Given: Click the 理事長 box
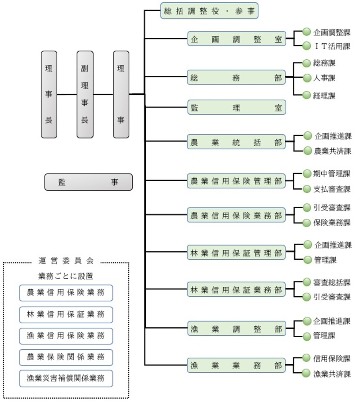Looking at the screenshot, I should click(x=49, y=94).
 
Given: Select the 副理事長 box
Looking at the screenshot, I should click(x=85, y=94).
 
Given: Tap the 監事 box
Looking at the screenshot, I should click(x=88, y=182).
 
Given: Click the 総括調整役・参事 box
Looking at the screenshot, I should click(x=209, y=11).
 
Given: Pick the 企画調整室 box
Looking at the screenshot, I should click(x=236, y=39).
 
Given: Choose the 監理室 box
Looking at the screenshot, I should click(x=236, y=107).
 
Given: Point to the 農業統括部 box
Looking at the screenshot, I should click(x=236, y=143).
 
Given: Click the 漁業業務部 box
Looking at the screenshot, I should click(x=236, y=365).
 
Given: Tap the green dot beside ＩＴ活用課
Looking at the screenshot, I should click(x=306, y=45).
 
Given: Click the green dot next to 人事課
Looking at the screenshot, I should click(x=306, y=77).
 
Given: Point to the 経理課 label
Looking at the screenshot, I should click(x=324, y=95).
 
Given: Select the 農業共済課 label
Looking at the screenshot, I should click(x=333, y=151).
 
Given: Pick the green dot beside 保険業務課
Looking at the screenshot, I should click(x=306, y=222).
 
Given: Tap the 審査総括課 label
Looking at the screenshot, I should click(x=332, y=282).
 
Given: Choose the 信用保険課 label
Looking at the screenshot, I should click(x=332, y=358).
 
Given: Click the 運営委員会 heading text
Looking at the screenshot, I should click(x=66, y=261).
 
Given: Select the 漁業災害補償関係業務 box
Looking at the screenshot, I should click(x=66, y=378).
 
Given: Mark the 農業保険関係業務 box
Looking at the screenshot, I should click(x=66, y=357).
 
